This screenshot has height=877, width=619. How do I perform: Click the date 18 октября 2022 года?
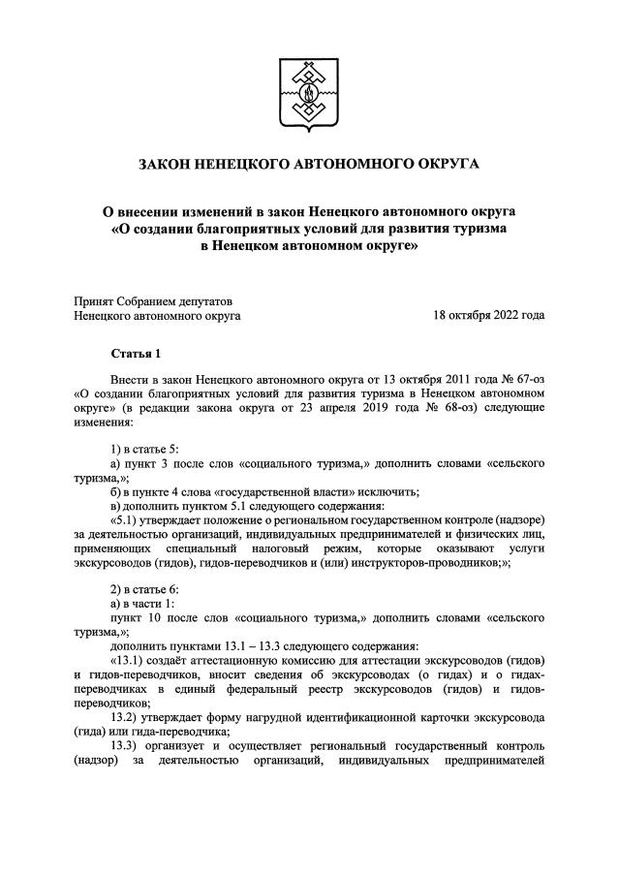(488, 314)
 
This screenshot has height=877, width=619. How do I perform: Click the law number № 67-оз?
(519, 382)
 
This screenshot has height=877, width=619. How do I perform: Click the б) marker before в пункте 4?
(117, 491)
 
